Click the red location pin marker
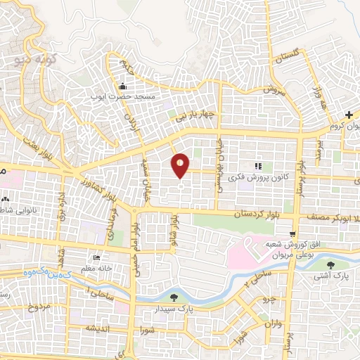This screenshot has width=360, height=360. (x=180, y=167)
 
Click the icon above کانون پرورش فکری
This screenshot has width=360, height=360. (x=258, y=166)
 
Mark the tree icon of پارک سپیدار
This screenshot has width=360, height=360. (x=174, y=297)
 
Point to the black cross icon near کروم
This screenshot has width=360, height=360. (x=349, y=115)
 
